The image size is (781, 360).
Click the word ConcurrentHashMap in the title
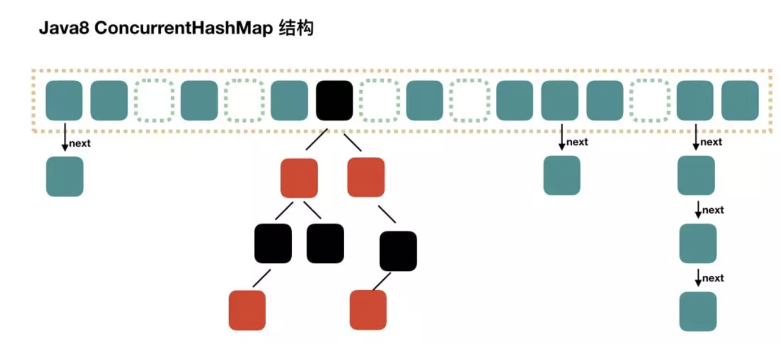(x=184, y=29)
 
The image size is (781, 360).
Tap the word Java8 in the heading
(x=64, y=29)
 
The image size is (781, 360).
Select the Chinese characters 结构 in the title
(x=296, y=28)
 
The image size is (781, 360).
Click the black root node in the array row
(x=334, y=100)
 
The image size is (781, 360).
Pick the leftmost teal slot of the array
(x=64, y=100)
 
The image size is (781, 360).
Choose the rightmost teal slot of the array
(x=740, y=100)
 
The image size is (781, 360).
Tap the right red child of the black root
(x=366, y=177)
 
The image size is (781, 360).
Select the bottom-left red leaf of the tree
(x=247, y=310)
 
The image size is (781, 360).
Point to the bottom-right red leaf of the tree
(x=368, y=310)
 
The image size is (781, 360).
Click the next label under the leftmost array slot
(x=80, y=143)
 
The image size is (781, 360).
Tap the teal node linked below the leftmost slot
(x=65, y=176)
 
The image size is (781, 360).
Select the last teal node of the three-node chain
(x=698, y=311)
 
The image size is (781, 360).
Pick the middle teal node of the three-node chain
(x=698, y=243)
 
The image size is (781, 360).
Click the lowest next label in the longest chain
(x=713, y=278)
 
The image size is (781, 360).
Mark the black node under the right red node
(x=398, y=251)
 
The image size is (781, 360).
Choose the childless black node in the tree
(x=325, y=243)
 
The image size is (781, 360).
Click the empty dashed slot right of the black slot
(x=379, y=100)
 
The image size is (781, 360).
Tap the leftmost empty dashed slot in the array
(x=153, y=100)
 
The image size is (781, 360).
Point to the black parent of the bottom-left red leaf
(x=273, y=243)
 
